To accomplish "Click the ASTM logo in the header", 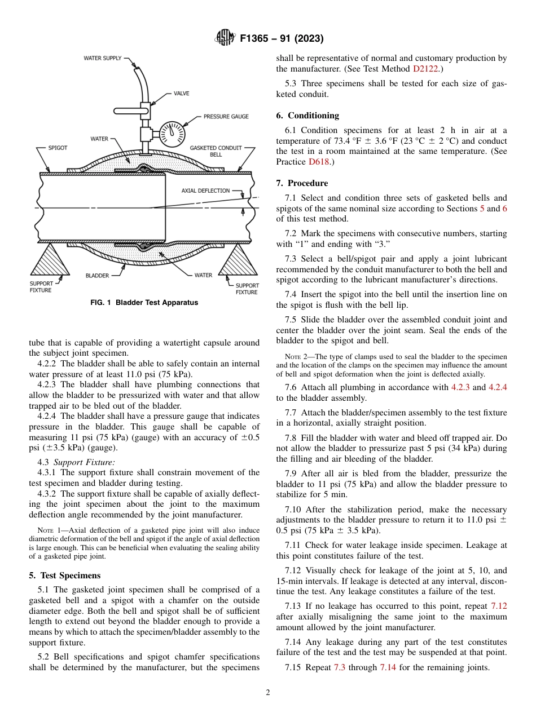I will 225,39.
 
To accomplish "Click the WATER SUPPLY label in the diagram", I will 102,58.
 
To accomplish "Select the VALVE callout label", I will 181,94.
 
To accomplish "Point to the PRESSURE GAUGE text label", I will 226,117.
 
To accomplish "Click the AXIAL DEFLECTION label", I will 205,191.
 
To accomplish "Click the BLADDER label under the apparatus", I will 97,276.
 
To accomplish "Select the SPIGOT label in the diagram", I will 57,148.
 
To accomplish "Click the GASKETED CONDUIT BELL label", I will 216,151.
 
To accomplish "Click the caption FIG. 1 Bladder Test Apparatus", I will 144,303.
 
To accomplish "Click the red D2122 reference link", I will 425,69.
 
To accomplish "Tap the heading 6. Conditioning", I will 307,116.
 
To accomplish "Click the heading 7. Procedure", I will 302,183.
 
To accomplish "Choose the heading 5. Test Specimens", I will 65,576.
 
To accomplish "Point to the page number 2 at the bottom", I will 268,693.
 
